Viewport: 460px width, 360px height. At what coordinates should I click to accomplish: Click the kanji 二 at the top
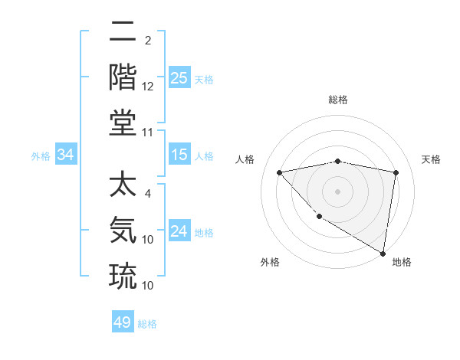coord(123,33)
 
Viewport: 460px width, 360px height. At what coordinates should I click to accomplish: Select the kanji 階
coord(123,77)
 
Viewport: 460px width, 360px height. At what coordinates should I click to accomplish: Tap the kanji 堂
coord(123,123)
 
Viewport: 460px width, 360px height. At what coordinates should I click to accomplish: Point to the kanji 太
coord(123,187)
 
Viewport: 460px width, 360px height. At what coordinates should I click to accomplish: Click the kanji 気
coord(123,230)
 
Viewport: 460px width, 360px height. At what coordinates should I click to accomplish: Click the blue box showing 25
coord(179,78)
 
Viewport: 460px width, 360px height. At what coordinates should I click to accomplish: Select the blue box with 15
coord(179,155)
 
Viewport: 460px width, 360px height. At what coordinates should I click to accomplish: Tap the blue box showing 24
coord(179,231)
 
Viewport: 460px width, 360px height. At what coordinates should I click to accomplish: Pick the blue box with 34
coord(66,155)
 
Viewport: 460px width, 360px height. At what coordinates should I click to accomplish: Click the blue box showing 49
coord(123,322)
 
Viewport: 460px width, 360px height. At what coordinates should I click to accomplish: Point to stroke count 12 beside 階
coord(149,87)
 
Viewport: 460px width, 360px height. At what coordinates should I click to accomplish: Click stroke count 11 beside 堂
coord(149,133)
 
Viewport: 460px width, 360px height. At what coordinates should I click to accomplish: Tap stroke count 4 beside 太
coord(148,194)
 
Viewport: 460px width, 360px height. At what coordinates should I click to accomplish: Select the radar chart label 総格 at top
coord(337,100)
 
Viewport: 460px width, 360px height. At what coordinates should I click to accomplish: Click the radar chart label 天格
coord(432,159)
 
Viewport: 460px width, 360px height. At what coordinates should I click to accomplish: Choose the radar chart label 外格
coord(270,262)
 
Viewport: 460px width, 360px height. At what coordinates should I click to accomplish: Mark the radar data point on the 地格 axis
coord(383,253)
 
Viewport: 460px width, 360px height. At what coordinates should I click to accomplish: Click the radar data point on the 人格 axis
coord(279,172)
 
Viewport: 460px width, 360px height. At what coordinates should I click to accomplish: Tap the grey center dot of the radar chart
coord(337,191)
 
